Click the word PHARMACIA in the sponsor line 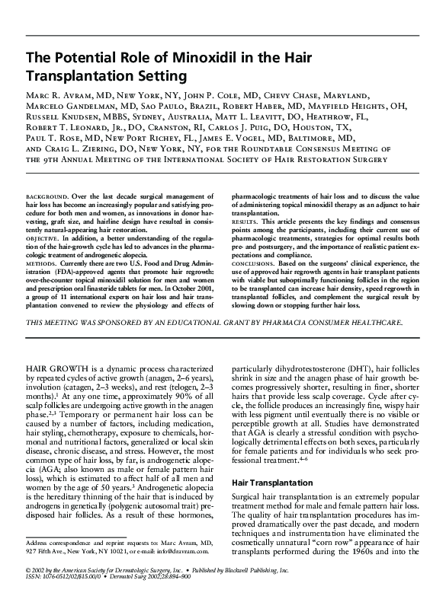point(292,323)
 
